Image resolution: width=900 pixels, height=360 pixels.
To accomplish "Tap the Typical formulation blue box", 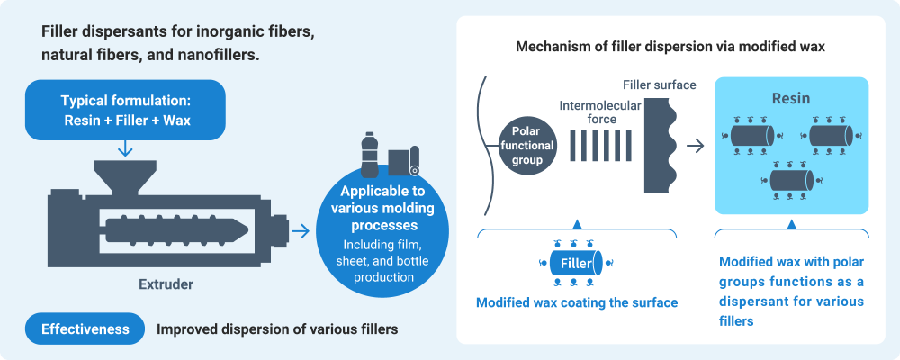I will pos(126,108).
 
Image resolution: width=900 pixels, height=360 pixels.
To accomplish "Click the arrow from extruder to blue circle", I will pos(301,232).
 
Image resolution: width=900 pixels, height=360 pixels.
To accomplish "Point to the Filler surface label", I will pos(659,85).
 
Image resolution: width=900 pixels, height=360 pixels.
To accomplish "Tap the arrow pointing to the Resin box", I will pos(696,145).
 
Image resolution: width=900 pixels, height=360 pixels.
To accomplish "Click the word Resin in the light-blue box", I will pos(791,96).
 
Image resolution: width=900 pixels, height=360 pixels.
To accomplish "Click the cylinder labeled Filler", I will pos(576,264).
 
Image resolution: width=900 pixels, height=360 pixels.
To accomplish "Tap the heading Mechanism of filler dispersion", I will pos(670,45).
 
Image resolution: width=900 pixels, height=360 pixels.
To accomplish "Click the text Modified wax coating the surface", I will pos(576,302).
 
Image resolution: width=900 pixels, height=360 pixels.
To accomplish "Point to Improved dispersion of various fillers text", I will pos(277,329).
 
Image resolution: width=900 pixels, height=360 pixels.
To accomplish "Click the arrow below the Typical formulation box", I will pos(125,146).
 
